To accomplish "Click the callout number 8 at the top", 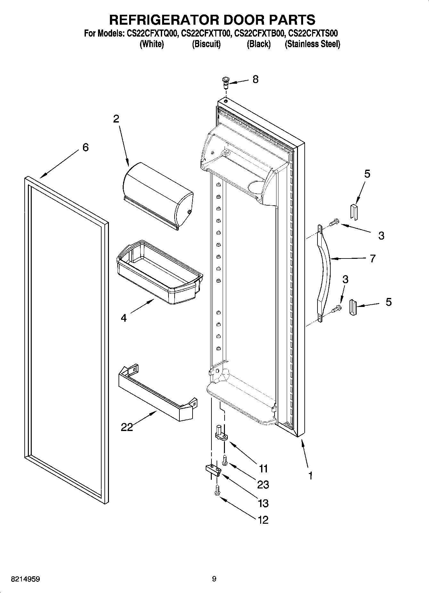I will click(x=255, y=80).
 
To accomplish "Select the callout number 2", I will click(x=116, y=119).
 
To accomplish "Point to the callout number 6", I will click(x=86, y=148).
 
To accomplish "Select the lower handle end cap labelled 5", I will click(x=352, y=308).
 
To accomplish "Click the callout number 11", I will click(x=263, y=469).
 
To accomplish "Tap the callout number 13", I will click(x=263, y=504).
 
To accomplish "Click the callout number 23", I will click(x=263, y=485).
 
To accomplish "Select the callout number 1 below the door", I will click(x=310, y=476).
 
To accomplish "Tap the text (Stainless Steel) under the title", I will click(x=312, y=44).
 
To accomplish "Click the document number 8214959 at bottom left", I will click(x=26, y=579).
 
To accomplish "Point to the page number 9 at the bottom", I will click(x=214, y=579).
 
